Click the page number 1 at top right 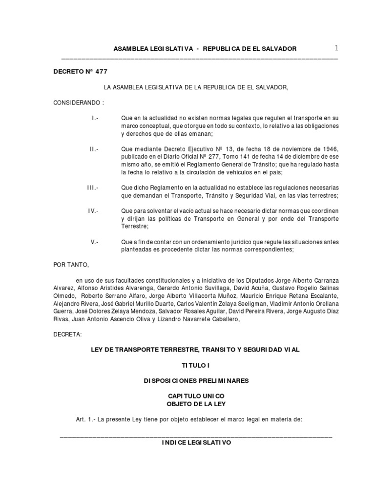(x=336, y=48)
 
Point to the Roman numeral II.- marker (x=94, y=149)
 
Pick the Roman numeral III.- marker (x=92, y=187)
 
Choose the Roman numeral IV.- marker (x=93, y=211)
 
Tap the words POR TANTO (x=71, y=265)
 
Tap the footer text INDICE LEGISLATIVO (x=196, y=443)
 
